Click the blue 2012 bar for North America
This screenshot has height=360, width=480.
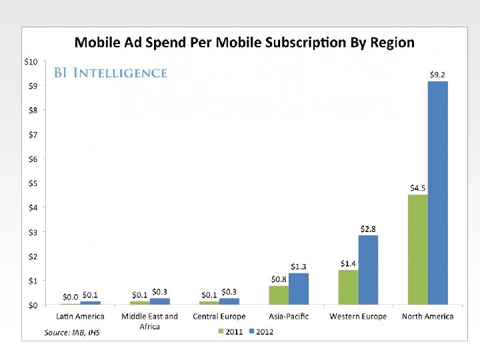437,193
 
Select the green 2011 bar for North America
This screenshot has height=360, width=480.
418,249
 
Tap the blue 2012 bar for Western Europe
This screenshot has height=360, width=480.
368,270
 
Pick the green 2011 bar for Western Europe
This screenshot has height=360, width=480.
348,287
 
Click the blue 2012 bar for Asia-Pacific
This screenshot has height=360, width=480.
299,289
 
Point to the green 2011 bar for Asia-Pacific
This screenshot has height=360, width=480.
279,295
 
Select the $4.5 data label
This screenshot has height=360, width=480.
417,188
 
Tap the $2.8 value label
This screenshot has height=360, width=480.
368,229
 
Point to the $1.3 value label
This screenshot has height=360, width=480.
298,267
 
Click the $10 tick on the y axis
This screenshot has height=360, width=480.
31,61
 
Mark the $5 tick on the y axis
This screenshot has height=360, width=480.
33,183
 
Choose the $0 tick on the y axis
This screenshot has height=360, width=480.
33,305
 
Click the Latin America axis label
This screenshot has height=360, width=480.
80,317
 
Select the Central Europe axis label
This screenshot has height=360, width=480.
219,317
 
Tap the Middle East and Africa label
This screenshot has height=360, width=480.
149,321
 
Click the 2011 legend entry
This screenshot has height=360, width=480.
229,331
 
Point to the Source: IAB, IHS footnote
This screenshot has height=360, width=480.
72,332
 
